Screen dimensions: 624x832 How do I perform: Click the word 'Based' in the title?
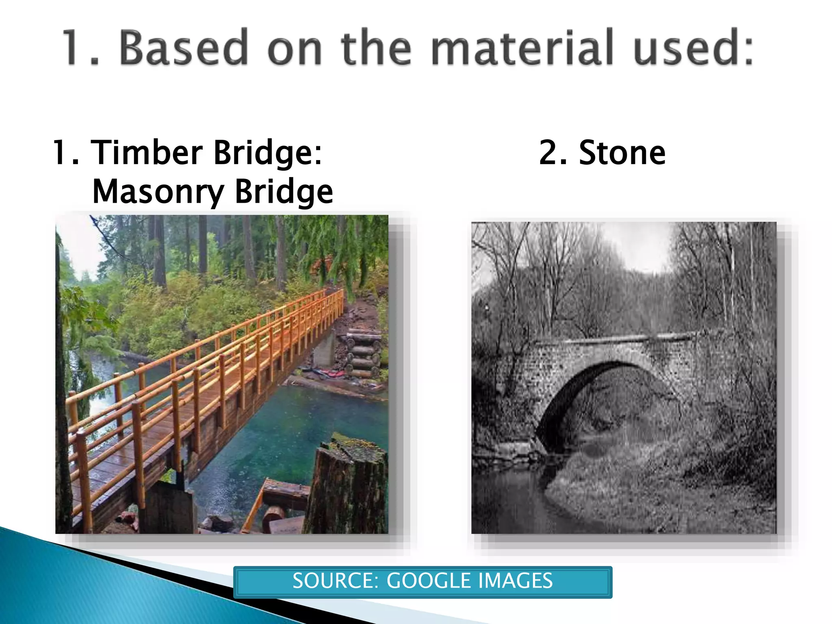tap(183, 47)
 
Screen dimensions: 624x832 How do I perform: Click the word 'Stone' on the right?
tap(622, 153)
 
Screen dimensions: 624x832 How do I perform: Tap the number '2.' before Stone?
tap(553, 153)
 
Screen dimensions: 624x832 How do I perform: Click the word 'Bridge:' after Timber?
tap(268, 153)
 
